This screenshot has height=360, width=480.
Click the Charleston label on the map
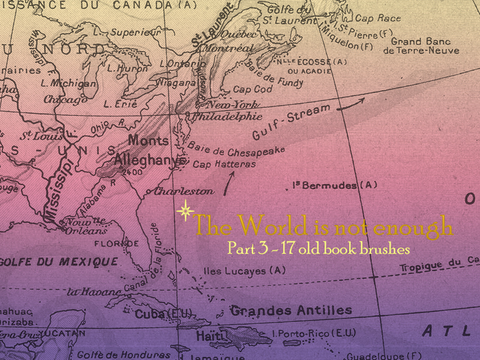(184, 191)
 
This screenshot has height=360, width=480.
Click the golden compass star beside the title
(185, 211)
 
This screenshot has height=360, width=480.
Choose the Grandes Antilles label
(291, 310)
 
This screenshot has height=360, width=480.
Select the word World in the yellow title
(268, 226)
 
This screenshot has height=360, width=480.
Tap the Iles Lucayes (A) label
(244, 271)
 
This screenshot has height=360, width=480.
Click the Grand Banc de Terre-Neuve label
(420, 46)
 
